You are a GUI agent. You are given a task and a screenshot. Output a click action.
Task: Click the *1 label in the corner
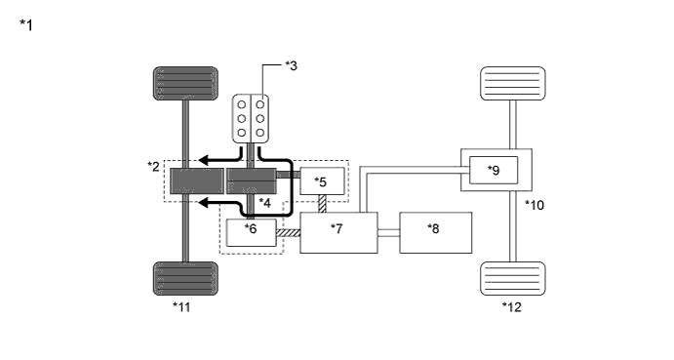(26, 25)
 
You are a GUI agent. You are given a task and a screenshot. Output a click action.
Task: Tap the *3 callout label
(291, 65)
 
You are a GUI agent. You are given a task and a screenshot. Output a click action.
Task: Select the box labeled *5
(323, 181)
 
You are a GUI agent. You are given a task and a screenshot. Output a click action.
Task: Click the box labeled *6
(252, 233)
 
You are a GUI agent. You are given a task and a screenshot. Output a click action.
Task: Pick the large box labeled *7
(338, 232)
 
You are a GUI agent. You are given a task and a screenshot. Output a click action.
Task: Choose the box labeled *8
(436, 232)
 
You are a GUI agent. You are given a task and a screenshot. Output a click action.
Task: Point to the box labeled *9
(494, 171)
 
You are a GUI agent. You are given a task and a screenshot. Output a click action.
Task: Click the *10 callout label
(535, 205)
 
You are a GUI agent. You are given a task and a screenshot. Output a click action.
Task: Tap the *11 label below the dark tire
(181, 307)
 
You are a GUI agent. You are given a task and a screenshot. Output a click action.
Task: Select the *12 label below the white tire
(511, 307)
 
